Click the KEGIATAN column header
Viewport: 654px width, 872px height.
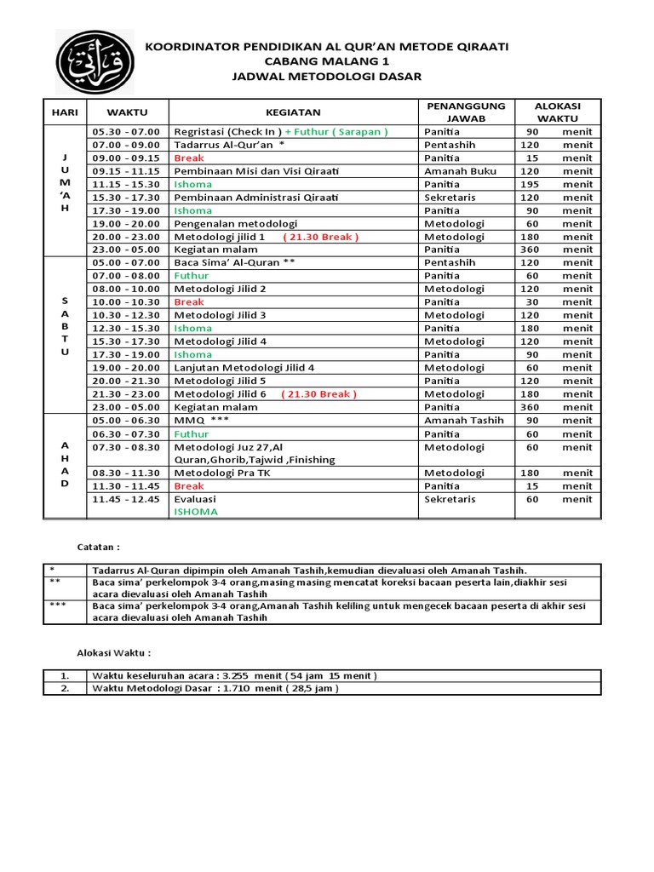[x=292, y=112]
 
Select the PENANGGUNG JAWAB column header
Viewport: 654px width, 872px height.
[x=466, y=112]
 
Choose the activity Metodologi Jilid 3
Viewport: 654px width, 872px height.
[x=220, y=315]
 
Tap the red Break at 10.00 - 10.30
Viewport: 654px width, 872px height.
[x=189, y=302]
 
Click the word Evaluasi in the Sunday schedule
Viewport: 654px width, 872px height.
[x=195, y=499]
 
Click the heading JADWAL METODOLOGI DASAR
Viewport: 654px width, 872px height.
[x=326, y=77]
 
